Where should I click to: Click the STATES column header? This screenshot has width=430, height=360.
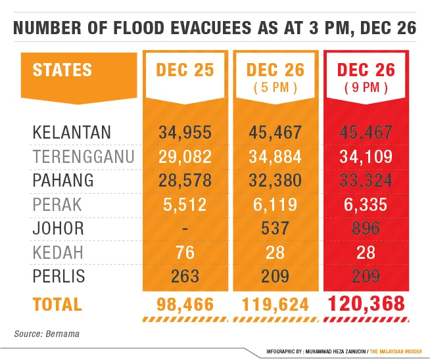pyautogui.click(x=62, y=70)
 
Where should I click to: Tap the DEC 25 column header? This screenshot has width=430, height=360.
pyautogui.click(x=185, y=70)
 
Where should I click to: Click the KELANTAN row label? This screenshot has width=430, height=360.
pyautogui.click(x=72, y=133)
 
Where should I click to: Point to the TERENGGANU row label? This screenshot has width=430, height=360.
pyautogui.click(x=84, y=157)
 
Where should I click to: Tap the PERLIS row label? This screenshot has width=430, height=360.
pyautogui.click(x=59, y=277)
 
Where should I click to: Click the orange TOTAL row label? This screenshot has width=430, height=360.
pyautogui.click(x=57, y=305)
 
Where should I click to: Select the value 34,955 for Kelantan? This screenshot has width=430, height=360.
pyautogui.click(x=185, y=133)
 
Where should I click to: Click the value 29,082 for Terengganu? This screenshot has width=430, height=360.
pyautogui.click(x=185, y=157)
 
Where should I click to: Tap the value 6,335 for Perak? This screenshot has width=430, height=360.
pyautogui.click(x=366, y=204)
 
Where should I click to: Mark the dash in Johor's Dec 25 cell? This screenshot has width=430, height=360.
pyautogui.click(x=185, y=229)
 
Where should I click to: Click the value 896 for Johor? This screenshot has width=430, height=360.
pyautogui.click(x=366, y=229)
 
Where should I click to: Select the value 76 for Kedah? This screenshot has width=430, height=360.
pyautogui.click(x=185, y=252)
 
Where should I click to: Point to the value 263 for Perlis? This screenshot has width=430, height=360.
pyautogui.click(x=185, y=277)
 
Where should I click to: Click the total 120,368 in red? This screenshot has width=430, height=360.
pyautogui.click(x=366, y=304)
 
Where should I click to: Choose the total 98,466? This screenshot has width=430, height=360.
pyautogui.click(x=185, y=305)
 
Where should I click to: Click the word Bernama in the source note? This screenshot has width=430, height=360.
pyautogui.click(x=63, y=334)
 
